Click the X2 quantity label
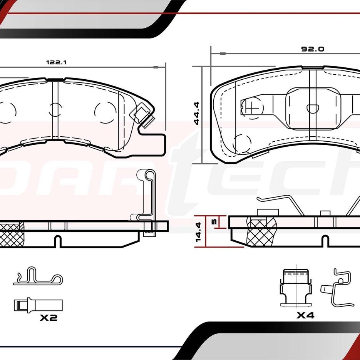click(x=49, y=318)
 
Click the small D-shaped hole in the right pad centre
click(x=311, y=108)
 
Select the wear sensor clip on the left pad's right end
click(x=142, y=116)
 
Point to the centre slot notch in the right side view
click(x=326, y=241)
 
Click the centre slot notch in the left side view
click(x=58, y=242)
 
